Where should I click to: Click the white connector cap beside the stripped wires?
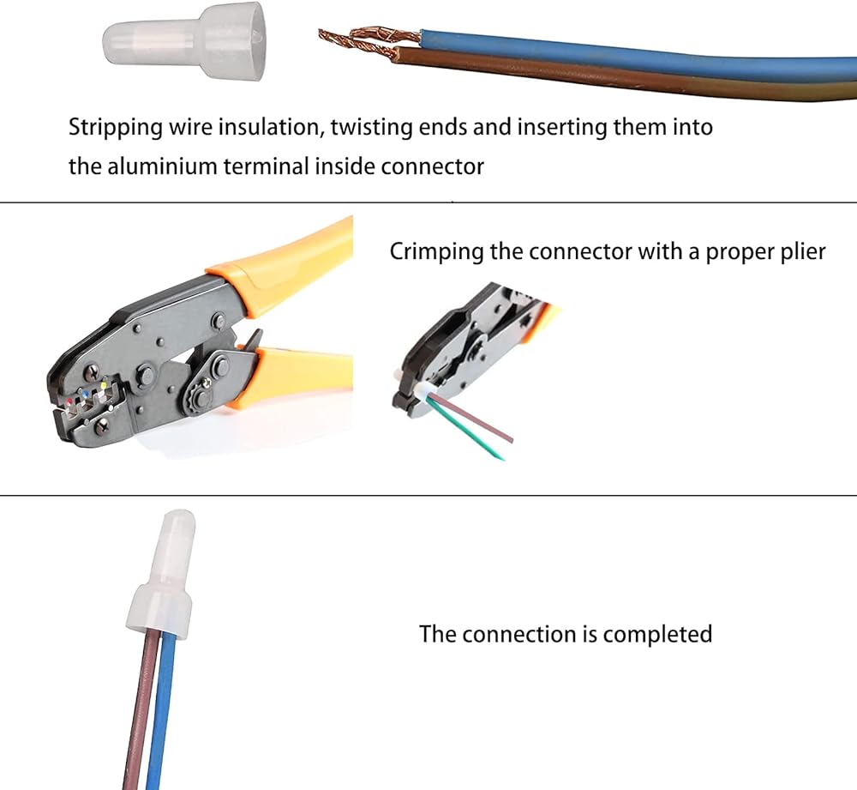(x=185, y=41)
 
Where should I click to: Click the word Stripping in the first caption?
(x=116, y=128)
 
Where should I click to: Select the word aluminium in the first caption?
(x=162, y=166)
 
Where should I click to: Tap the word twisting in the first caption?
(x=371, y=128)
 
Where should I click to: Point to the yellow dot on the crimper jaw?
(x=104, y=386)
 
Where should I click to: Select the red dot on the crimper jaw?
(x=69, y=401)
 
